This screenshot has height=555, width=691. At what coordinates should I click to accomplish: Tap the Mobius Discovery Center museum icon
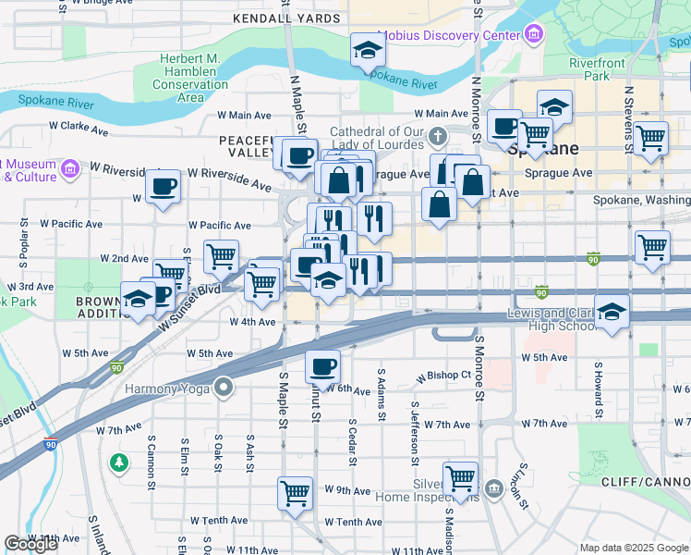[533, 35]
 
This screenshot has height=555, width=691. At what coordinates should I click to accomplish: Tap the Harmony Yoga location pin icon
[222, 386]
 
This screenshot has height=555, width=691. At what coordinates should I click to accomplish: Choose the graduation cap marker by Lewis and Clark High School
[612, 313]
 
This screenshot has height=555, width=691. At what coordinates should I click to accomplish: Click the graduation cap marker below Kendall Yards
[368, 49]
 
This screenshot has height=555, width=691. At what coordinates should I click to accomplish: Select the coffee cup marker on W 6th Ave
[322, 366]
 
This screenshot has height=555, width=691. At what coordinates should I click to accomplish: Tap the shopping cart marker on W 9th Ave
[295, 491]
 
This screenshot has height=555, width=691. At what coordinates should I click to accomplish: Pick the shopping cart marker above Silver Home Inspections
[460, 477]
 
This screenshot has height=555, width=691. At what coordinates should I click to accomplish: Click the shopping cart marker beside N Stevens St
[651, 138]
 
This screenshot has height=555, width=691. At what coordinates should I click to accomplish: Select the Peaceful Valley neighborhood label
[249, 145]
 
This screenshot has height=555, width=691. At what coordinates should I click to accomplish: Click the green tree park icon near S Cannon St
[118, 461]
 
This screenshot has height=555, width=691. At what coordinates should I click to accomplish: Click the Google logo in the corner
[30, 544]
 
